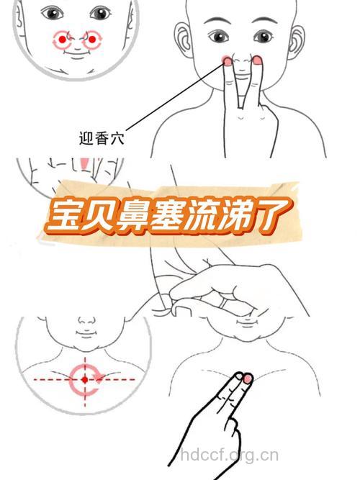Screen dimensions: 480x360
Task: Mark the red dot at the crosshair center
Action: pyautogui.click(x=84, y=377)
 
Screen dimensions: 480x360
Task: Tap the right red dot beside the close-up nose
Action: pyautogui.click(x=92, y=40)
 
